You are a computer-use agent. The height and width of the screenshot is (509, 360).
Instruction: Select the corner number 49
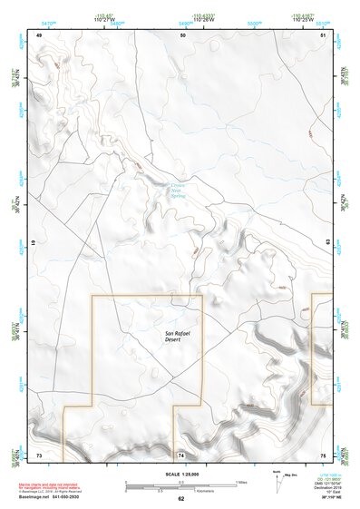point(39,34)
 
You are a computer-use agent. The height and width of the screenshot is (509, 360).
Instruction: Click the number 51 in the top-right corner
point(325,34)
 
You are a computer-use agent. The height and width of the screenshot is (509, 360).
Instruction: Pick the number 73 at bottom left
point(39,454)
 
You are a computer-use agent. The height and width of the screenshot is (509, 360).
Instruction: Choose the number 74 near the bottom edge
point(181,454)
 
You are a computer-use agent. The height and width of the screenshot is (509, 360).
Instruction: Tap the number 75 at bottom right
point(323,454)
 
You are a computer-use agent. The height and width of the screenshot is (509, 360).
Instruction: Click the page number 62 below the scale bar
point(181,499)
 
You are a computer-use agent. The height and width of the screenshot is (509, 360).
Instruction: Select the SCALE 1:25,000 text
point(180,474)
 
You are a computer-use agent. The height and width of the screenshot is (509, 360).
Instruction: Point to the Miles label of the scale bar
point(240,481)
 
